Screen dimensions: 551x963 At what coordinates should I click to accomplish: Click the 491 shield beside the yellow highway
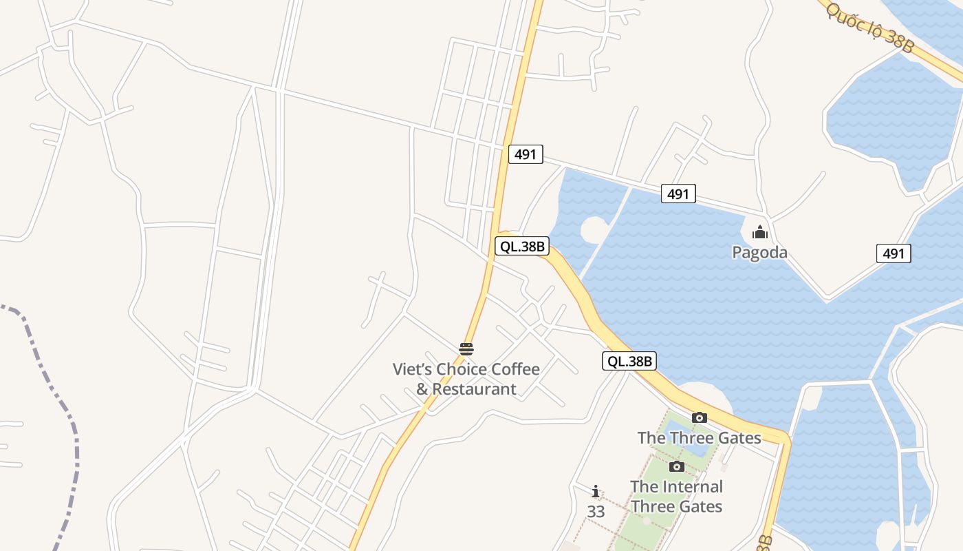(x=526, y=154)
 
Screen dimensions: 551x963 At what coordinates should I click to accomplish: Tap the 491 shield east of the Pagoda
(x=894, y=253)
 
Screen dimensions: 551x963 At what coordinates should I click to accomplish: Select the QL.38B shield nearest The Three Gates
(x=629, y=360)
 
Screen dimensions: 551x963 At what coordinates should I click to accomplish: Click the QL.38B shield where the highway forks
(x=522, y=246)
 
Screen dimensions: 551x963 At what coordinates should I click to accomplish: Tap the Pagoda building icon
(x=759, y=233)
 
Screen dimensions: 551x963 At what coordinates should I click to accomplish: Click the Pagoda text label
(x=759, y=253)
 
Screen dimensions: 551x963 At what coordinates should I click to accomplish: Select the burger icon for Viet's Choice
(x=466, y=349)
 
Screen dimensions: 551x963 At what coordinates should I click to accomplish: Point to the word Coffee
(x=512, y=369)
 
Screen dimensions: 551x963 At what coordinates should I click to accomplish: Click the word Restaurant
(x=474, y=389)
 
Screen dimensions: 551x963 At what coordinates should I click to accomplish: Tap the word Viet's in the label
(x=411, y=369)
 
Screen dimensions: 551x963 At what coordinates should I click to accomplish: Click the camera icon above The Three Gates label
(x=700, y=417)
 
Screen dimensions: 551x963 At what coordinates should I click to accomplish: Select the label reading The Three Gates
(x=699, y=437)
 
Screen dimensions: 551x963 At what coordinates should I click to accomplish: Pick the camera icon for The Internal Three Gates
(x=677, y=466)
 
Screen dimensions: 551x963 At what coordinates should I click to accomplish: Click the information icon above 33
(x=596, y=492)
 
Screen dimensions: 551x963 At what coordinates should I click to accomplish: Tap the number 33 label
(x=596, y=512)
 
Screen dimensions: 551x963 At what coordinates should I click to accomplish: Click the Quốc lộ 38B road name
(x=870, y=28)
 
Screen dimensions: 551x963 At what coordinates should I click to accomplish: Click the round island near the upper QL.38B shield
(x=594, y=229)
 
